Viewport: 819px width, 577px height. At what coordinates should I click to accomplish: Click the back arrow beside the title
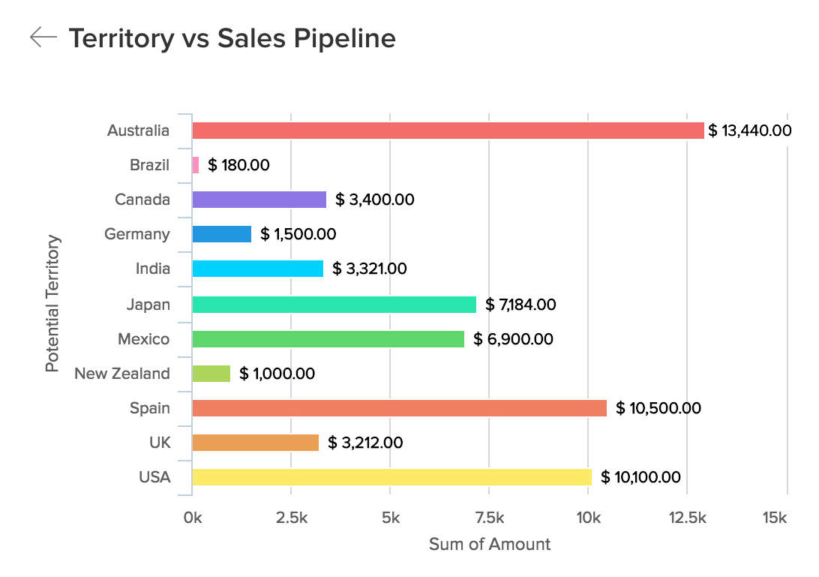coord(43,38)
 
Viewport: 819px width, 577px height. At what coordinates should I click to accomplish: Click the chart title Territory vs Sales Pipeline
coord(232,38)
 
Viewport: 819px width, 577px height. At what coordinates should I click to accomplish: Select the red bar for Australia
coord(448,131)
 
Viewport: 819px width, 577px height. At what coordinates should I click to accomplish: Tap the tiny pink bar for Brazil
coord(196,165)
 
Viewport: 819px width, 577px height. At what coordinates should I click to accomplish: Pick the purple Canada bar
coord(259,200)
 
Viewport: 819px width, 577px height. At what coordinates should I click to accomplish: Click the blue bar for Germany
coord(221,234)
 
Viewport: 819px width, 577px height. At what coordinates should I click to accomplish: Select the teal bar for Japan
coord(334,305)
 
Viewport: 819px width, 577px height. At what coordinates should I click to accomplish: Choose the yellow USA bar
coord(391,477)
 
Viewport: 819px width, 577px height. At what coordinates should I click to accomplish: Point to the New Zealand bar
coord(211,374)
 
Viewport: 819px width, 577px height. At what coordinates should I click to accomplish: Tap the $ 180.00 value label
coord(238,165)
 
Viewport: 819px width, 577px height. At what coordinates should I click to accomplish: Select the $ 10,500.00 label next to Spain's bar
coord(658,408)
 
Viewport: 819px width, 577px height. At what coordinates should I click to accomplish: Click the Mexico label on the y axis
coord(143,339)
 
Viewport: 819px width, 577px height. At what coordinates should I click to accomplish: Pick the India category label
coord(152,269)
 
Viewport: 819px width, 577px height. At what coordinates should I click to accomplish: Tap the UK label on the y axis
coord(160,443)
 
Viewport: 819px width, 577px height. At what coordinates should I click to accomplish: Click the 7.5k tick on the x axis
coord(489,518)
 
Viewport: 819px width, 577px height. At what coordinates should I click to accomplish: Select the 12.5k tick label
coord(688,518)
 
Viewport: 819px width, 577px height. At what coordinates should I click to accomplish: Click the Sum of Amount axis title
coord(489,544)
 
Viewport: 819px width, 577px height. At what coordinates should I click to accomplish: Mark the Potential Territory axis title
coord(52,304)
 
